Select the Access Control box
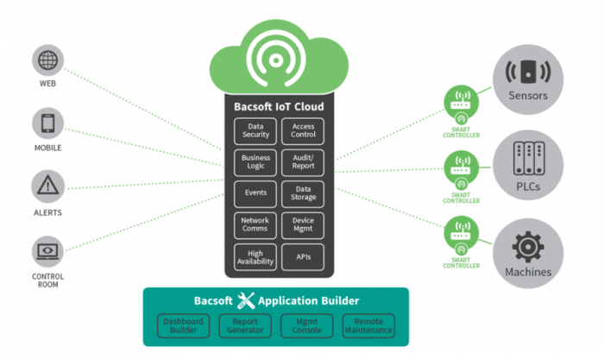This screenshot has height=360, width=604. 302,130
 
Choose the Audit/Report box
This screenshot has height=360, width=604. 302,162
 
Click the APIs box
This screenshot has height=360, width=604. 302,256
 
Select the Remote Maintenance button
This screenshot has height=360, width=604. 368,325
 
